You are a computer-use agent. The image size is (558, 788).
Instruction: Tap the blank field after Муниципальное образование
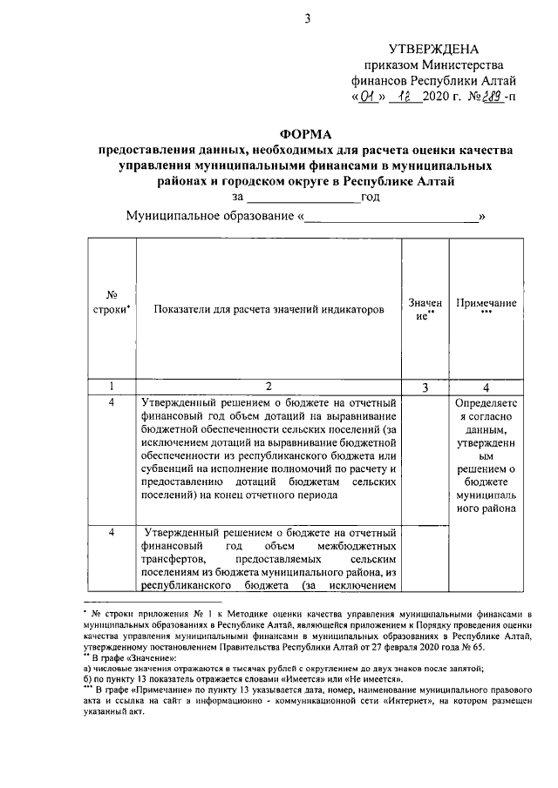pyautogui.click(x=391, y=215)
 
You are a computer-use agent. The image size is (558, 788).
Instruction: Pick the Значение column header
pyautogui.click(x=425, y=309)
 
